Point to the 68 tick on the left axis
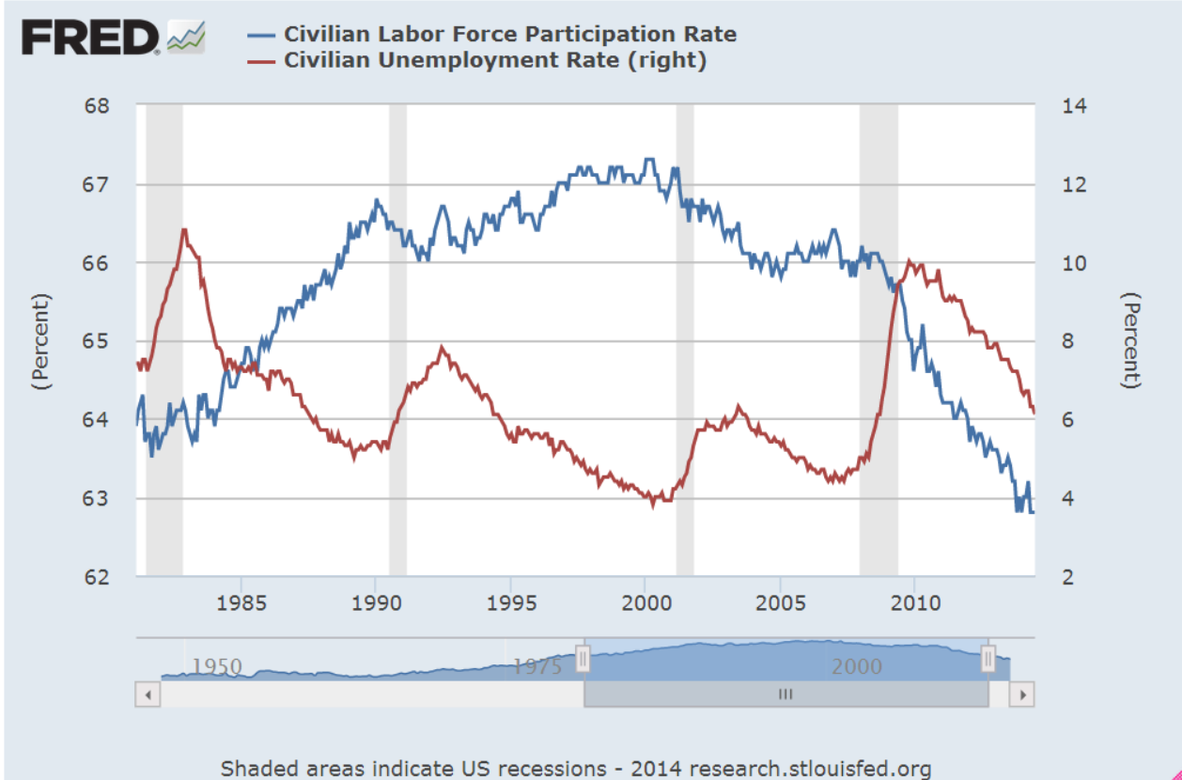[98, 105]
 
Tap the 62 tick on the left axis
[98, 577]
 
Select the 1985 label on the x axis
[241, 602]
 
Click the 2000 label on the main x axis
[645, 602]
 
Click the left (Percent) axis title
[40, 341]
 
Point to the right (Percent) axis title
[1133, 341]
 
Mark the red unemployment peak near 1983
[184, 229]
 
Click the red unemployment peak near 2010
[908, 260]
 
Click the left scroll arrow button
[148, 694]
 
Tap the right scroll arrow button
[1022, 694]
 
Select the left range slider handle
[583, 659]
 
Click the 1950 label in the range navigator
[216, 666]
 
